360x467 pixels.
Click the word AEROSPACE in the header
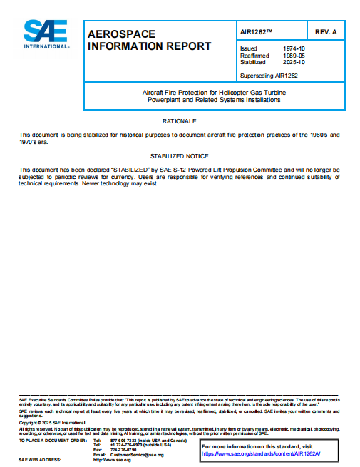click(115, 34)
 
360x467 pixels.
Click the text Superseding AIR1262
click(268, 75)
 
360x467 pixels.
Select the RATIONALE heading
click(179, 122)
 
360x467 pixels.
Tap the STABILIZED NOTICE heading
click(179, 155)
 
